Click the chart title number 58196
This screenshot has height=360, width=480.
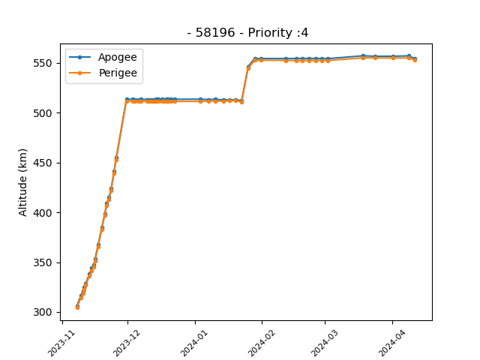[x=215, y=32]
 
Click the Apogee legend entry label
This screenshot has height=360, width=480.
[x=118, y=58]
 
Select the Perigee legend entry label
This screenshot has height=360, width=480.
[x=118, y=73]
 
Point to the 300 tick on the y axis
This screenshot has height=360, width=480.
[x=43, y=312]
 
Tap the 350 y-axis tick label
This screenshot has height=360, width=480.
[x=43, y=262]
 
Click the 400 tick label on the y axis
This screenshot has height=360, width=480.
[x=43, y=213]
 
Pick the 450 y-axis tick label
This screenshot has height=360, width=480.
[x=43, y=163]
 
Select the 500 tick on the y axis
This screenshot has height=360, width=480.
[x=43, y=113]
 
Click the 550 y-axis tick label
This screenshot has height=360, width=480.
[x=43, y=63]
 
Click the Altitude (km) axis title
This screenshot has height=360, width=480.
[x=22, y=182]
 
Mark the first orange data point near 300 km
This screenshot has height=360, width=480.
[x=77, y=307]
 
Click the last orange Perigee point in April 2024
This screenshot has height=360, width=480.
[x=415, y=60]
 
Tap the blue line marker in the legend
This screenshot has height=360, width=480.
[x=80, y=57]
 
